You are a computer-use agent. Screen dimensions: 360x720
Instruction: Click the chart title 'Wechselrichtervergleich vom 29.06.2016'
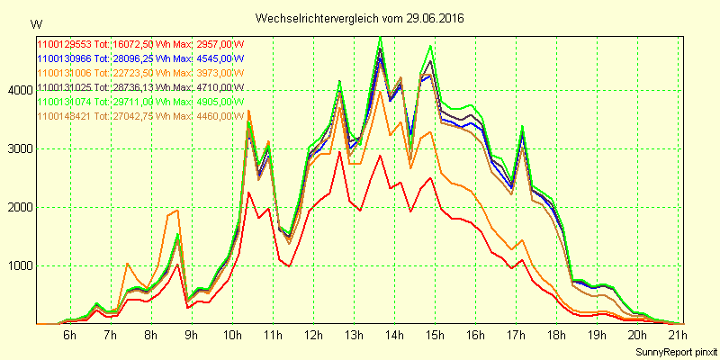click(360, 18)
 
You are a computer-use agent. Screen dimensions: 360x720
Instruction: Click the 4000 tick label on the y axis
click(19, 90)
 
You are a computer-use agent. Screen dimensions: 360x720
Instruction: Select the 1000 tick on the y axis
click(19, 265)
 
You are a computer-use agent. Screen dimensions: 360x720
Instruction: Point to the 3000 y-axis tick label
click(19, 148)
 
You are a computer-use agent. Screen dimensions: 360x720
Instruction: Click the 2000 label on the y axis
click(19, 207)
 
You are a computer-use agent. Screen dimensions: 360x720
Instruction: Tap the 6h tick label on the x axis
click(69, 335)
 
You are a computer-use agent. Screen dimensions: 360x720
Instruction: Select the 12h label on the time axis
click(313, 335)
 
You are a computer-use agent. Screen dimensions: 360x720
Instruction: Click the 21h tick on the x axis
click(679, 335)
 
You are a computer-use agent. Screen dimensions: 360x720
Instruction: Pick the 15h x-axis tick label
click(436, 335)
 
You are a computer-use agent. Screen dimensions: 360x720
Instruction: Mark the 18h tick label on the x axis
click(558, 335)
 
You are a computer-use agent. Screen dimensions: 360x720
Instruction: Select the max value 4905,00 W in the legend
click(220, 102)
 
